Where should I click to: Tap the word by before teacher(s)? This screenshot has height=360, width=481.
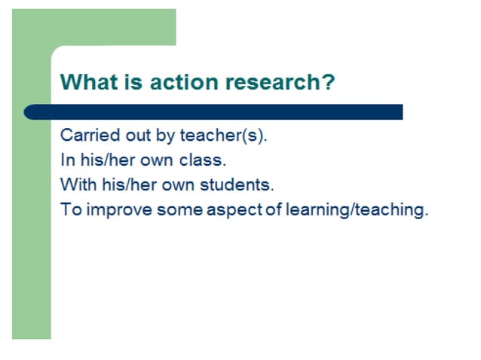(x=166, y=136)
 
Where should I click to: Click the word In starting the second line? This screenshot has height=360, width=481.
(x=66, y=160)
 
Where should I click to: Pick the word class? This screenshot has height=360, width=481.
(x=203, y=160)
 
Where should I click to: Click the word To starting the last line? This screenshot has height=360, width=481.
(x=70, y=209)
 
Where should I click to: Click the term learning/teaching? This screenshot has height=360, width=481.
(x=357, y=209)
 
